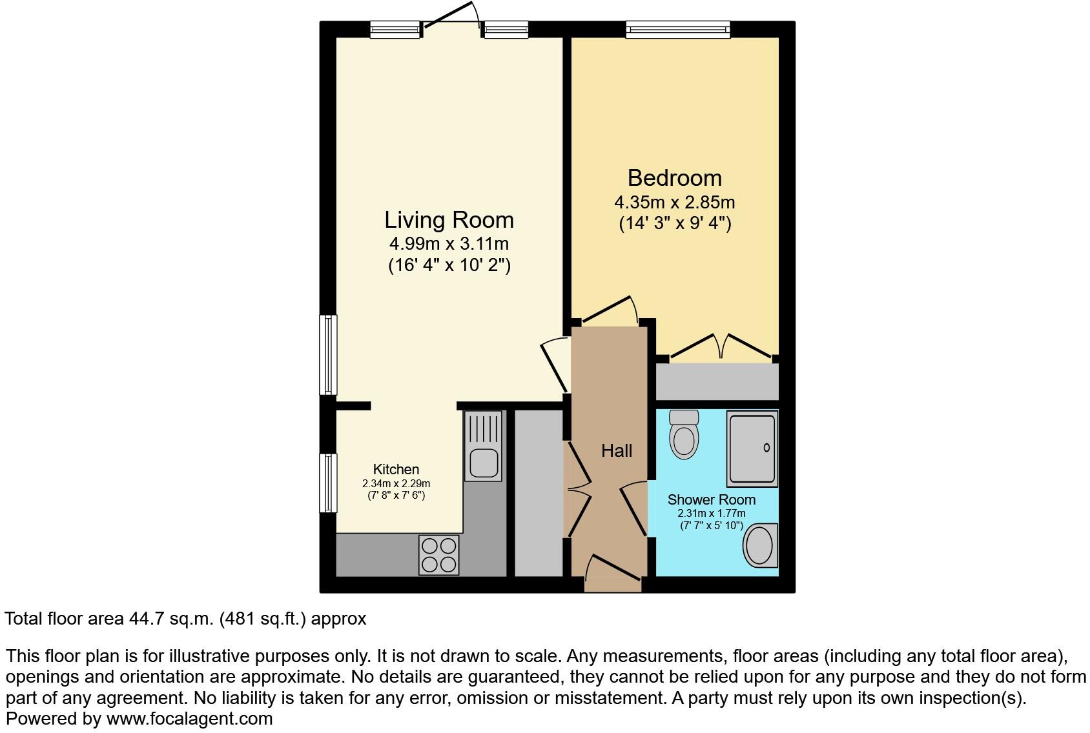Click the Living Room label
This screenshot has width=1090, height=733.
(x=449, y=220)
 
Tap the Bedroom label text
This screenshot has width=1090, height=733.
(x=674, y=177)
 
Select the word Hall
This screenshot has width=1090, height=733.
(x=617, y=450)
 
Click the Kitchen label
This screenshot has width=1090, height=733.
(x=396, y=469)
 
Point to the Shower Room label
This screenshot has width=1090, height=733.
(x=711, y=499)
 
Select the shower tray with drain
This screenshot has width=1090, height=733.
(x=752, y=448)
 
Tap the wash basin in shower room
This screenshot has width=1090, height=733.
(x=761, y=545)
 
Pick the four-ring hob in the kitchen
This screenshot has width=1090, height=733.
(x=439, y=555)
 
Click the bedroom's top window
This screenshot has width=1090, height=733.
(x=677, y=29)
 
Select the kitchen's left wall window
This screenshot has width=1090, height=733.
(x=329, y=483)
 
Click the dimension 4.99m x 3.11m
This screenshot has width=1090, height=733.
(x=449, y=244)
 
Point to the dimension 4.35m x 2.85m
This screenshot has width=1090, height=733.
(x=674, y=202)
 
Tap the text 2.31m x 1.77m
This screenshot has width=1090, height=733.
(x=711, y=514)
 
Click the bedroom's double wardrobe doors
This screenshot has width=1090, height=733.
(x=722, y=346)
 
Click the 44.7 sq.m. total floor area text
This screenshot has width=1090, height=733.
(x=185, y=619)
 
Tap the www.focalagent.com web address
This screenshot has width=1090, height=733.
(x=189, y=718)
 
